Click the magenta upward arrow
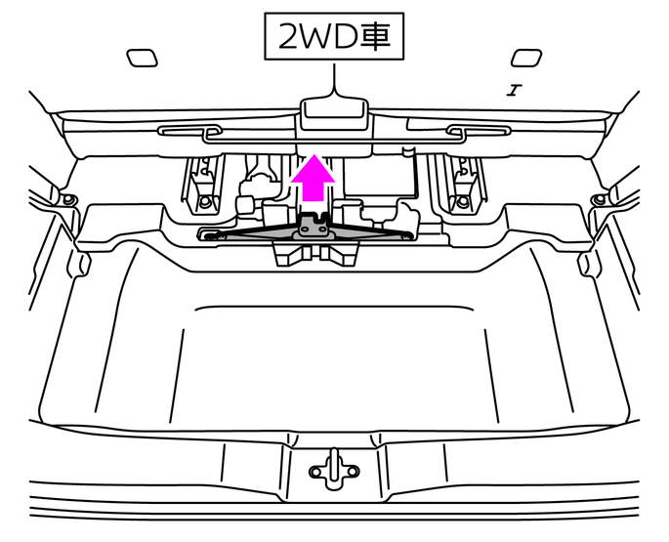(x=313, y=179)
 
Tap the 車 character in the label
(x=375, y=36)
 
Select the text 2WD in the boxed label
(x=317, y=37)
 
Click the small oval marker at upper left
(x=142, y=58)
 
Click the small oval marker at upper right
(x=526, y=58)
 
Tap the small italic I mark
(x=515, y=91)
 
